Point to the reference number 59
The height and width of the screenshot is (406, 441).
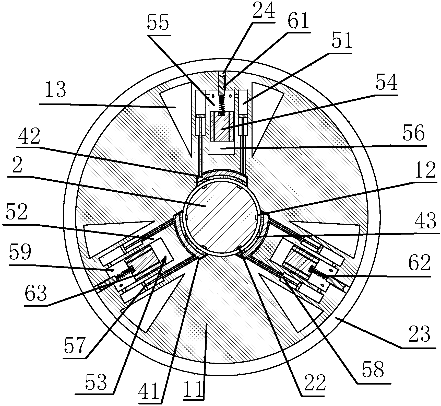pyautogui.click(x=20, y=253)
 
